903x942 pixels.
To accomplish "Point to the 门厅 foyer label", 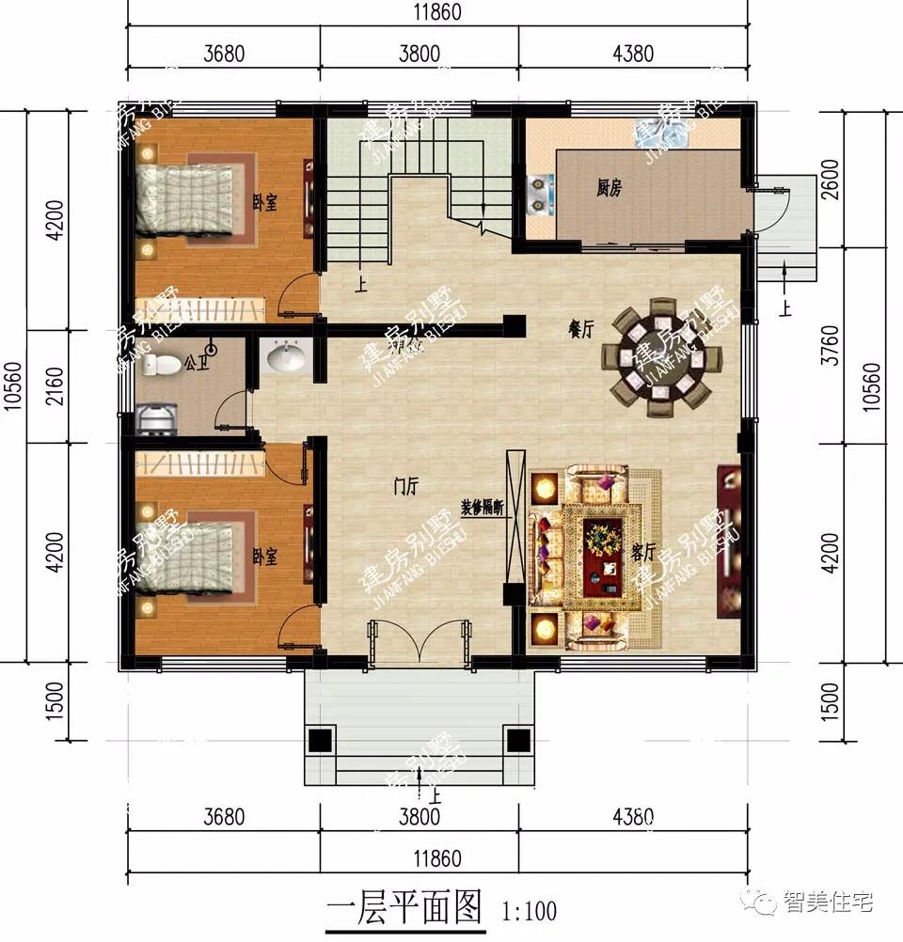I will click(x=405, y=486).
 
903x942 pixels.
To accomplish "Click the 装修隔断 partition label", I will click(x=483, y=506).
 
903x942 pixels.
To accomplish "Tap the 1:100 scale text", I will click(x=530, y=910).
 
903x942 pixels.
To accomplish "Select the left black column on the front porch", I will click(x=322, y=740).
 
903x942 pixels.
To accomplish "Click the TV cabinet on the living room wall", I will click(x=729, y=541).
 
